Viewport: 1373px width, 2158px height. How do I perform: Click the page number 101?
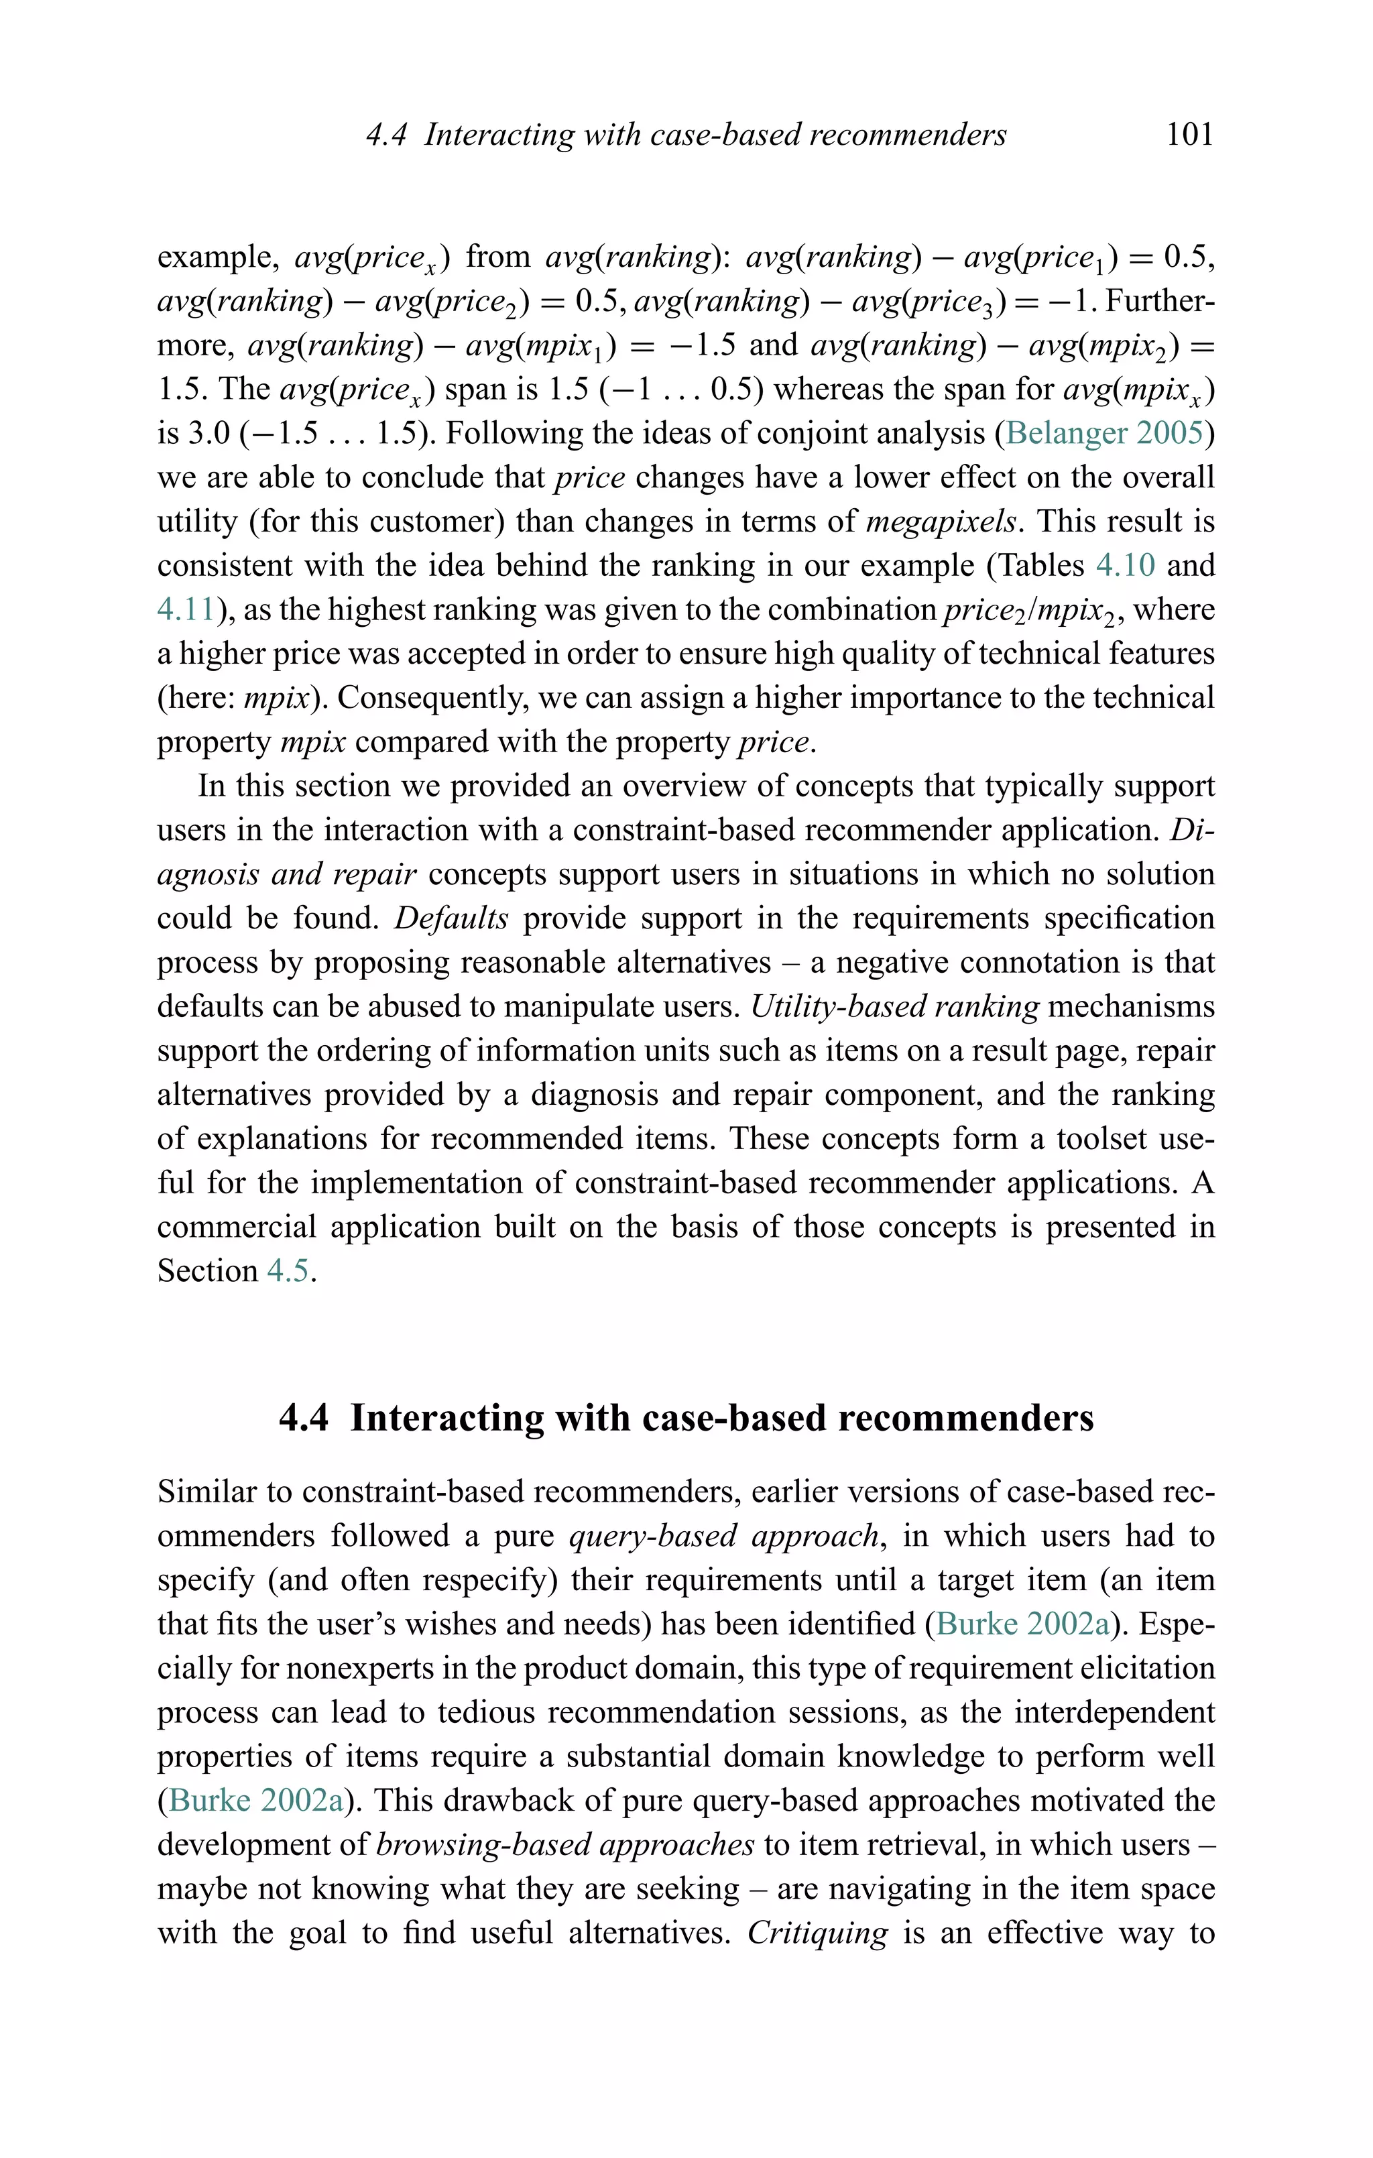[1189, 135]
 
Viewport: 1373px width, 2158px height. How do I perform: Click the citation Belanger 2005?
[1104, 433]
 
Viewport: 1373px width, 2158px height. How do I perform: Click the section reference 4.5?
[288, 1271]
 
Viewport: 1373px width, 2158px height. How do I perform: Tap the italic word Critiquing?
[817, 1932]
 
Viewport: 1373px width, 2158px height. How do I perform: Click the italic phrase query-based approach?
[724, 1536]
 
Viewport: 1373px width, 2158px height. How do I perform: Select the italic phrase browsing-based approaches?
[566, 1844]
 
